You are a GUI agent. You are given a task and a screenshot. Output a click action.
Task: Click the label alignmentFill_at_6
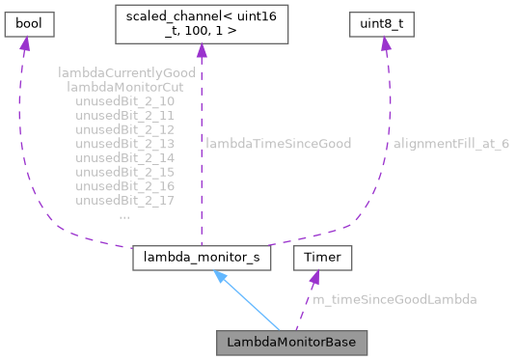pos(450,144)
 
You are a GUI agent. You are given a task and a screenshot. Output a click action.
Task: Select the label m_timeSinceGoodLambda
pos(394,300)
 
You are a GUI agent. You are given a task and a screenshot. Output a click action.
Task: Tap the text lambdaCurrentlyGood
pos(126,72)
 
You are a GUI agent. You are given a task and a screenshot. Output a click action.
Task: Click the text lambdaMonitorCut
pos(126,87)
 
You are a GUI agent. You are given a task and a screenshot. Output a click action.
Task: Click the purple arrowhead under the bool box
pos(25,45)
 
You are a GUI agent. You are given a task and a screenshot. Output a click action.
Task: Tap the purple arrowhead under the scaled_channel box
pos(199,53)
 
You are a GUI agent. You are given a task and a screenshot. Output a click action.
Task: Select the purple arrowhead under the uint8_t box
pos(385,45)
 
